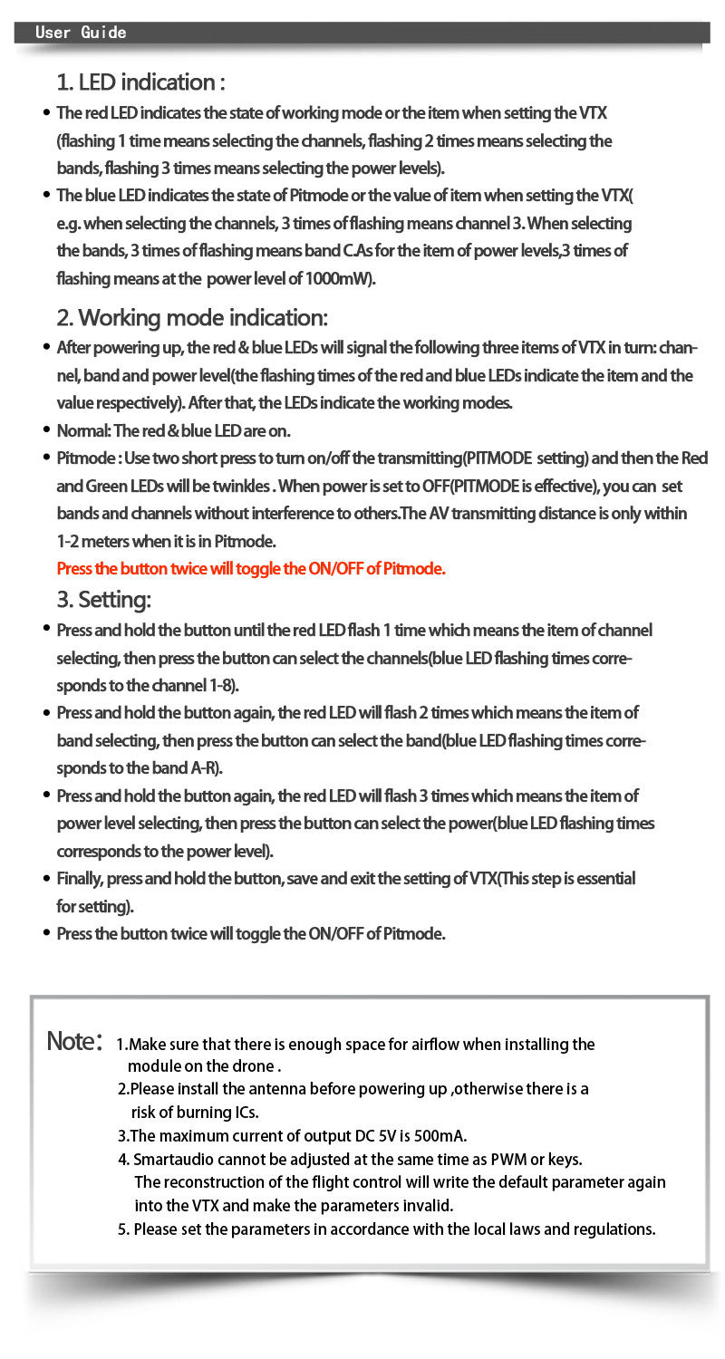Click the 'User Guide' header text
pyautogui.click(x=81, y=33)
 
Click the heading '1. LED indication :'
pyautogui.click(x=140, y=82)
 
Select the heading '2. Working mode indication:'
pyautogui.click(x=192, y=318)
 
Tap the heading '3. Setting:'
pyautogui.click(x=104, y=599)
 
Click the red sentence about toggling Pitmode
pyautogui.click(x=251, y=569)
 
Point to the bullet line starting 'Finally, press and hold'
pyautogui.click(x=345, y=879)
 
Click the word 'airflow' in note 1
pyautogui.click(x=442, y=1045)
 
